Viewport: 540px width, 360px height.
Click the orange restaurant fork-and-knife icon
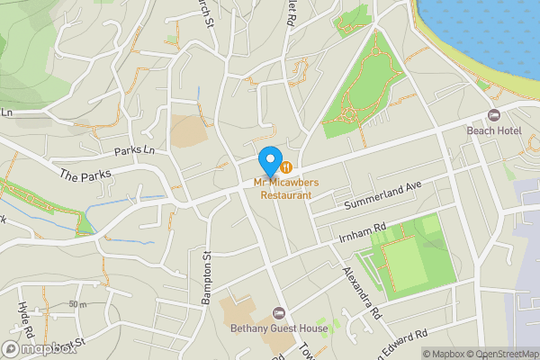[x=285, y=166]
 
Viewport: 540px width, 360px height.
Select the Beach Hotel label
[x=494, y=130]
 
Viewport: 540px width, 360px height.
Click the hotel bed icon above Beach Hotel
[x=493, y=114]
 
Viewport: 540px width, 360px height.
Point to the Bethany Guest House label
[x=279, y=328]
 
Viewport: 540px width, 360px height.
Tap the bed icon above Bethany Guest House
[x=279, y=312]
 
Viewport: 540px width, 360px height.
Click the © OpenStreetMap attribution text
[x=502, y=354]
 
